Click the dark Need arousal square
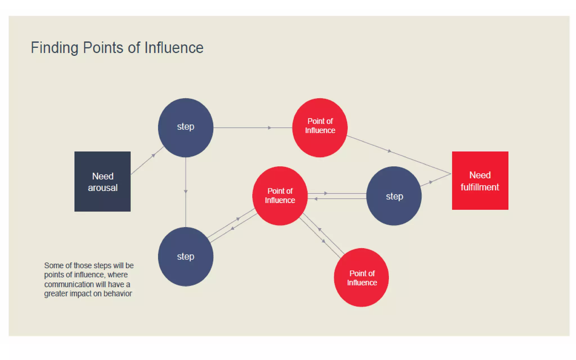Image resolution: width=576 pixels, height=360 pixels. [102, 181]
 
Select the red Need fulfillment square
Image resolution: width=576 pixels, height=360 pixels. [480, 181]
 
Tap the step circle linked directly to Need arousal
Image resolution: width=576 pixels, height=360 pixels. [186, 127]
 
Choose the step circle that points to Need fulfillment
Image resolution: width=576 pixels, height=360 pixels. [394, 196]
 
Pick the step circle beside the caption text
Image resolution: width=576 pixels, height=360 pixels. [186, 256]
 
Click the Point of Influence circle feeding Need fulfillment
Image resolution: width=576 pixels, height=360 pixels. [320, 127]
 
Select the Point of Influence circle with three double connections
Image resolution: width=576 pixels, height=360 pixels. [280, 196]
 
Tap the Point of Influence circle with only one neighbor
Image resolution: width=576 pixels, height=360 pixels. [361, 278]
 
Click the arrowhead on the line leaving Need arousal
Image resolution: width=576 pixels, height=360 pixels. [154, 155]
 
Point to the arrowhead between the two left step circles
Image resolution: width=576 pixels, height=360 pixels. [186, 192]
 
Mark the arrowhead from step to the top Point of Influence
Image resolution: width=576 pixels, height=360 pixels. [269, 128]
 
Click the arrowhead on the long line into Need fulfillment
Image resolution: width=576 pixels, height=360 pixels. [390, 151]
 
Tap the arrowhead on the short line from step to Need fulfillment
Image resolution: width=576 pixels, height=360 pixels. [431, 182]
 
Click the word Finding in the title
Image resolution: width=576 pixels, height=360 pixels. [54, 48]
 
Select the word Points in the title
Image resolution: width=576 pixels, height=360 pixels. [103, 48]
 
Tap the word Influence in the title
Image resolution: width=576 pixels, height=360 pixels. [174, 48]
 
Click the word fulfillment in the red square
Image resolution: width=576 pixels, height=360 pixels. [480, 187]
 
